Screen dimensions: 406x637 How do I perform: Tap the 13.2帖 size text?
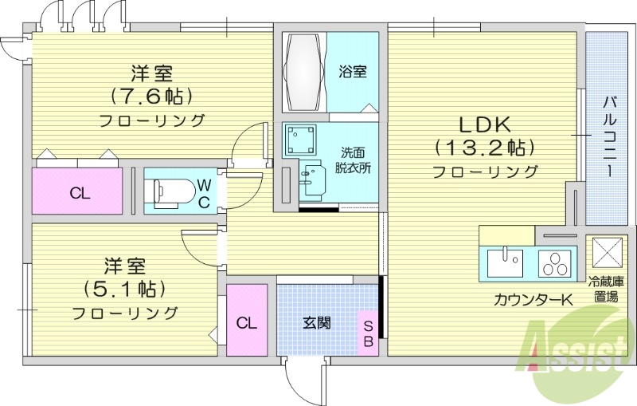(484, 148)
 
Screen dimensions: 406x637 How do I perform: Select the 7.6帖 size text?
(151, 97)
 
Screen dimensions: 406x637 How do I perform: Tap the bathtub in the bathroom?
(302, 73)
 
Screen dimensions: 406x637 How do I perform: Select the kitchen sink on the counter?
(504, 262)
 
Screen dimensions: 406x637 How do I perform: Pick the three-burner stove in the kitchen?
(555, 262)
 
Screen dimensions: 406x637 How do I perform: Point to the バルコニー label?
(609, 136)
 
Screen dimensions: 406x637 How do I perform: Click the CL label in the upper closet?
(78, 192)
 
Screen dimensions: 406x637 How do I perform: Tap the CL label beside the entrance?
(246, 323)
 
